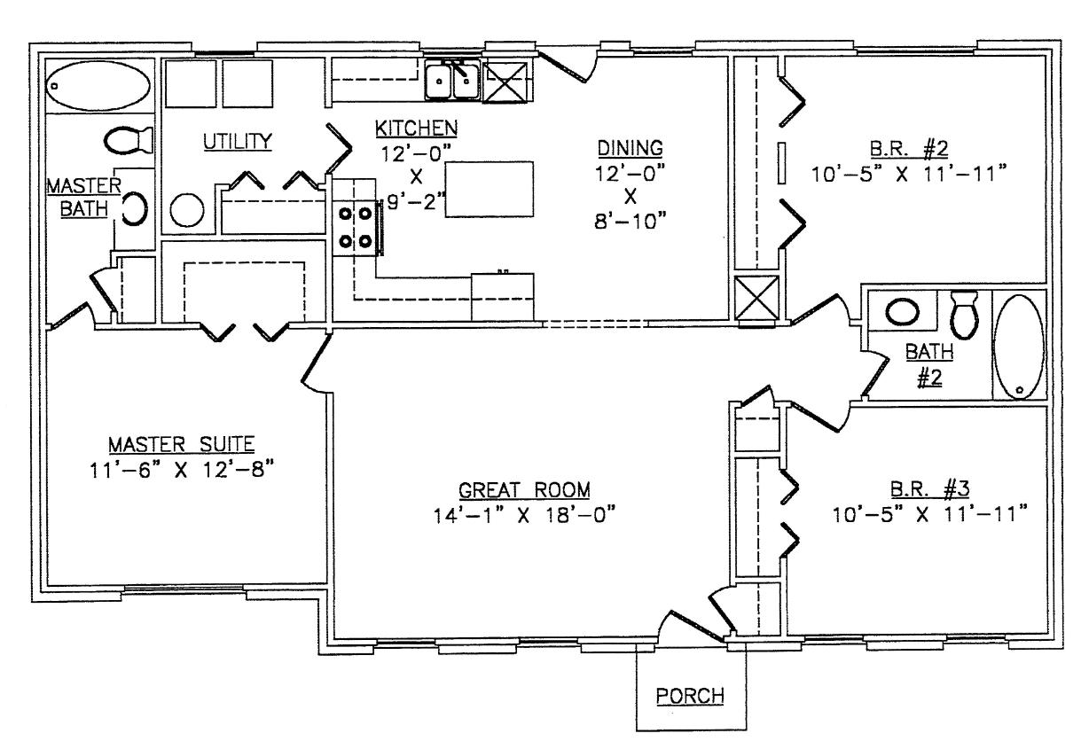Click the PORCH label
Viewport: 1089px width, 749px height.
(x=690, y=696)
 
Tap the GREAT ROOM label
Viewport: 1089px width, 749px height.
(x=525, y=490)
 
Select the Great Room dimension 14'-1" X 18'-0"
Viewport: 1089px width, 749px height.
(x=525, y=515)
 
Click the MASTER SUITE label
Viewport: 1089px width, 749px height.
(x=181, y=444)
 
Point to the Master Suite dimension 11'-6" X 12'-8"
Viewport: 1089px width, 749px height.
(x=182, y=470)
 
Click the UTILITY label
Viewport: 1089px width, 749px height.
(x=238, y=142)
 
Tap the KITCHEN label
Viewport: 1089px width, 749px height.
(x=417, y=129)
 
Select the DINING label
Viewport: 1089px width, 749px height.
(x=630, y=148)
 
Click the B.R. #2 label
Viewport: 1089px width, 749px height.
(x=909, y=149)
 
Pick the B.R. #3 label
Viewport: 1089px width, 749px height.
(x=929, y=489)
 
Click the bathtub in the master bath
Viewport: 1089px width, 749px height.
(x=98, y=86)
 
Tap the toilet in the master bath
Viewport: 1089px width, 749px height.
(x=129, y=141)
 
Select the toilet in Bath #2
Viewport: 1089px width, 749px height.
(x=964, y=315)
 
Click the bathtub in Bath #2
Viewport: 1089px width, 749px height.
(x=1019, y=347)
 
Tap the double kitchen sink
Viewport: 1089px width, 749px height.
(x=452, y=80)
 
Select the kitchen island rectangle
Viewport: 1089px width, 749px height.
(x=490, y=189)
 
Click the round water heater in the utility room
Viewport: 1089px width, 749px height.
(x=187, y=210)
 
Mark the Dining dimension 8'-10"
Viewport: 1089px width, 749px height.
(x=630, y=221)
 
